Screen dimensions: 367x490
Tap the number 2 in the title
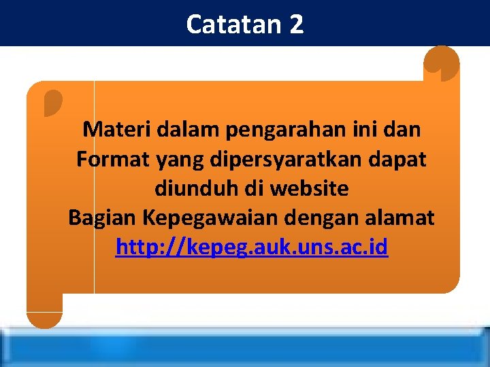[x=295, y=24]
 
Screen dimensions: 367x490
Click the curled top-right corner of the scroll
[x=441, y=63]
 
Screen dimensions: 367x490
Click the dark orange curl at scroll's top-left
[x=52, y=102]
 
